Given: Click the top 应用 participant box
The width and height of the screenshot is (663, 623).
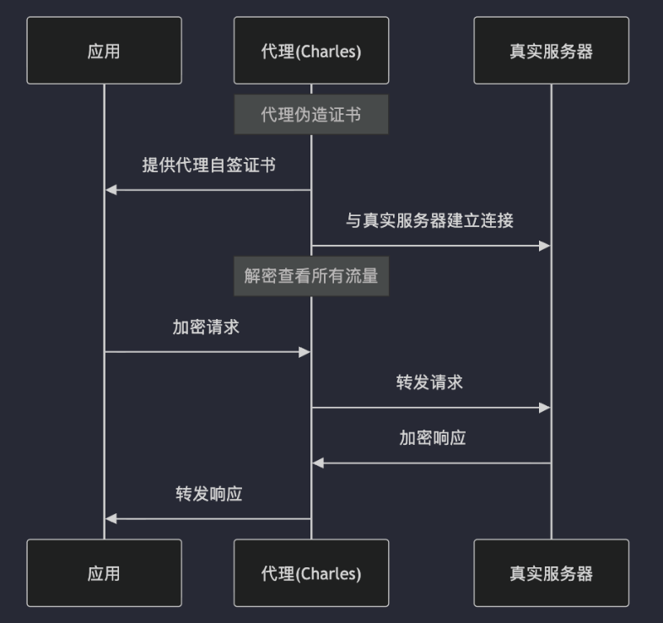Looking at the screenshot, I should coord(104,51).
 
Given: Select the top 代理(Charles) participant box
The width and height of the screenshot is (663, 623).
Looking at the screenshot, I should coord(311,51).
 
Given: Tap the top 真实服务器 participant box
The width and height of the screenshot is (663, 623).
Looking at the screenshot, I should coord(551,51).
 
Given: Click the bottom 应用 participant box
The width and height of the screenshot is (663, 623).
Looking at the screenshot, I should coord(104,573).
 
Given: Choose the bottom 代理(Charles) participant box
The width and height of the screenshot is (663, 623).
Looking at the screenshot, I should coord(311,573).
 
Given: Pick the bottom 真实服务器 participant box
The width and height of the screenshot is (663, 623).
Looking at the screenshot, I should coord(551,573).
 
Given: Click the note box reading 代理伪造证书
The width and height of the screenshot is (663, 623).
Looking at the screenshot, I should coord(311,115).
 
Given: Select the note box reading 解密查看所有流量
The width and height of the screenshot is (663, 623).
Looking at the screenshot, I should coord(311,276).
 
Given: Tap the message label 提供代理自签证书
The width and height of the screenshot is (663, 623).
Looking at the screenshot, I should coord(208,165).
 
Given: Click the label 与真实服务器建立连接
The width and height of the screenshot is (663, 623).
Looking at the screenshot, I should coord(430,221).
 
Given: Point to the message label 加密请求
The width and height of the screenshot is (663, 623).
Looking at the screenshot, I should coord(207,328).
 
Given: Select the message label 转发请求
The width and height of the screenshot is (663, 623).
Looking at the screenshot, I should coord(430,382).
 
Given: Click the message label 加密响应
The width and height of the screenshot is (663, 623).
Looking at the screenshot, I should coord(432,438).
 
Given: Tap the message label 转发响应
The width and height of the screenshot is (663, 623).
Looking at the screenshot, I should coord(208,494).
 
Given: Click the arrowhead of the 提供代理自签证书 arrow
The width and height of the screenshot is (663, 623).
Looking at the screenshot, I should coord(110,190).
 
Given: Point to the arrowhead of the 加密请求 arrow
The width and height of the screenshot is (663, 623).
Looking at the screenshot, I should coord(305,352).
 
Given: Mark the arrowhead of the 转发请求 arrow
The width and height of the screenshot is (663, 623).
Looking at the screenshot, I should coord(545,408).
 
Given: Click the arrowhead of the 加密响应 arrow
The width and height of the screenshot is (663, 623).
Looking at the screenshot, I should coord(318,463).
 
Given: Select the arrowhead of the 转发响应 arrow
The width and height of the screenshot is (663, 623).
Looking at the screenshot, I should coord(110,518).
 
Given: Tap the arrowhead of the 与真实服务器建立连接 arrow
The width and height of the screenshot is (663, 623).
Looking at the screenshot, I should coord(545,246).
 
